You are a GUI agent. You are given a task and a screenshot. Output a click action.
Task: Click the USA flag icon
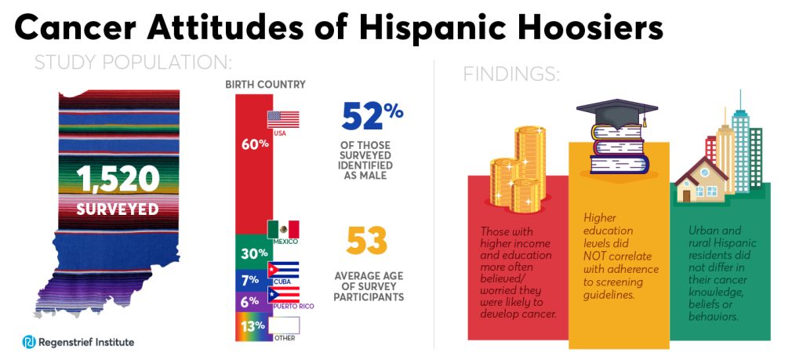[283, 119]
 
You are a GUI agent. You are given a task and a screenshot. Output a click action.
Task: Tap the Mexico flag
[283, 229]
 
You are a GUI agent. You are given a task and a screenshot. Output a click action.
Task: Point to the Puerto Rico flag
[283, 293]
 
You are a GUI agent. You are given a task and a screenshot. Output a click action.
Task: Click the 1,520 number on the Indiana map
[118, 180]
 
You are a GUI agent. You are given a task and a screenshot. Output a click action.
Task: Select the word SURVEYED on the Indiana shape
[118, 209]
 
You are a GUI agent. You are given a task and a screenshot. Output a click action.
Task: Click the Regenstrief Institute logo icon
[29, 342]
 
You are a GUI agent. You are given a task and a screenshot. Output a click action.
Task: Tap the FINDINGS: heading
[511, 75]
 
